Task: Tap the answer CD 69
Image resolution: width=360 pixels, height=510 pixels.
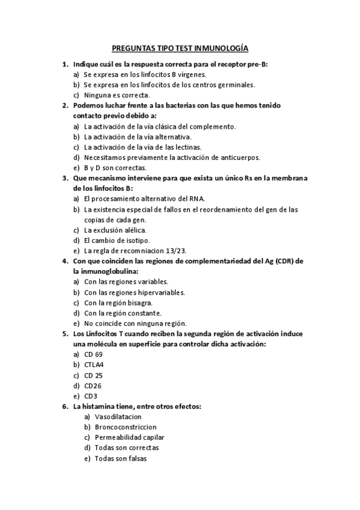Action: point(93,354)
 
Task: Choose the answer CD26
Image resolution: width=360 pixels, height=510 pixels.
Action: point(93,386)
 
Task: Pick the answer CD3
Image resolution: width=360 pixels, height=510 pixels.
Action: point(91,396)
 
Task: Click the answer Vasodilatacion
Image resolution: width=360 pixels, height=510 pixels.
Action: point(118,417)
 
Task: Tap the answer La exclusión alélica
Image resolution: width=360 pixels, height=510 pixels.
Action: point(115,230)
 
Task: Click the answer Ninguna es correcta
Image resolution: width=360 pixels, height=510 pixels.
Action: point(117,95)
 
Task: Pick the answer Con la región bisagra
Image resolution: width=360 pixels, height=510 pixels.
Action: point(118,303)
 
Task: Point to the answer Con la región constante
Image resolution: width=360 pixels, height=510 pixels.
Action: point(123,313)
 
